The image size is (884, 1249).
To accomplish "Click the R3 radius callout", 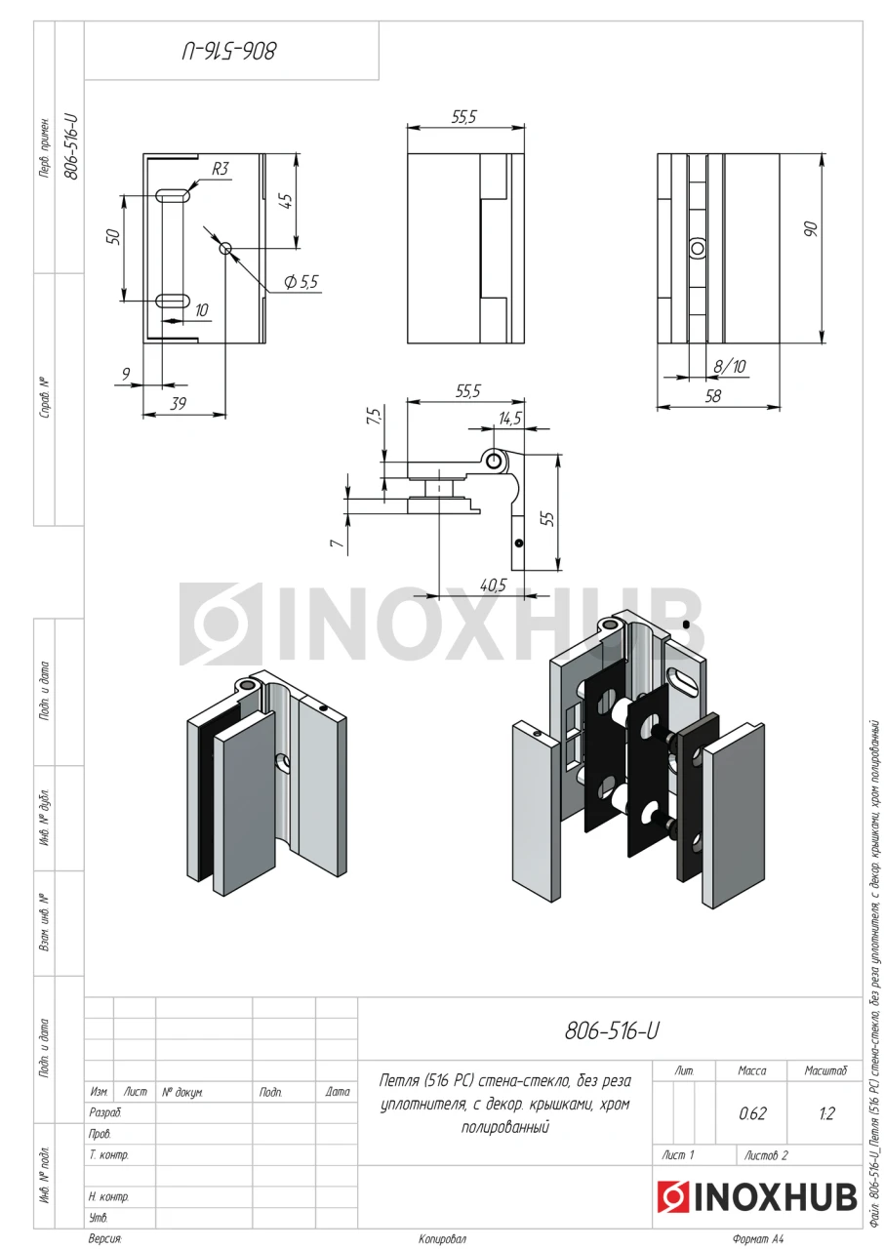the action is (x=221, y=169).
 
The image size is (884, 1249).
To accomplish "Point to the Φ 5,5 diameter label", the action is (x=301, y=282).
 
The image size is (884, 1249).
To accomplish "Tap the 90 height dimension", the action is (x=812, y=228).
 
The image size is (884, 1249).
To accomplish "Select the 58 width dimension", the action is (x=713, y=396).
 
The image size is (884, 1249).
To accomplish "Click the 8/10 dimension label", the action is (x=730, y=366).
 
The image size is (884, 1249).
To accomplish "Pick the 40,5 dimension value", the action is (x=494, y=584).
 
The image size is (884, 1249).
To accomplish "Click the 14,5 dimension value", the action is (x=510, y=419).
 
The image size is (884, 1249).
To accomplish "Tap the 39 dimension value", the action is (x=178, y=404).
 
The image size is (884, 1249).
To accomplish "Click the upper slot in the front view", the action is (x=173, y=196).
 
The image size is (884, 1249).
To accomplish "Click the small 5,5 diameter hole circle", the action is (x=225, y=248).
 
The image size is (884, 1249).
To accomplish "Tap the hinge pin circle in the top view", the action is (x=494, y=462).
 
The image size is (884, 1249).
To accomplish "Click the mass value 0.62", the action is (x=752, y=1113).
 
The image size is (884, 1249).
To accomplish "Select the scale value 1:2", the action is (x=826, y=1113).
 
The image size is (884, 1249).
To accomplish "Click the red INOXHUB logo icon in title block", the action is (x=672, y=1196).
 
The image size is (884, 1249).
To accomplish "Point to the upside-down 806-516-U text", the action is (x=229, y=52).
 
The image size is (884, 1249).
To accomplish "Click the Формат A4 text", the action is (x=757, y=1239).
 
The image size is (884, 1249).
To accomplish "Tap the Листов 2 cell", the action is (x=766, y=1155).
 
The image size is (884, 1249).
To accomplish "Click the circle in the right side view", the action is (x=698, y=248).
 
